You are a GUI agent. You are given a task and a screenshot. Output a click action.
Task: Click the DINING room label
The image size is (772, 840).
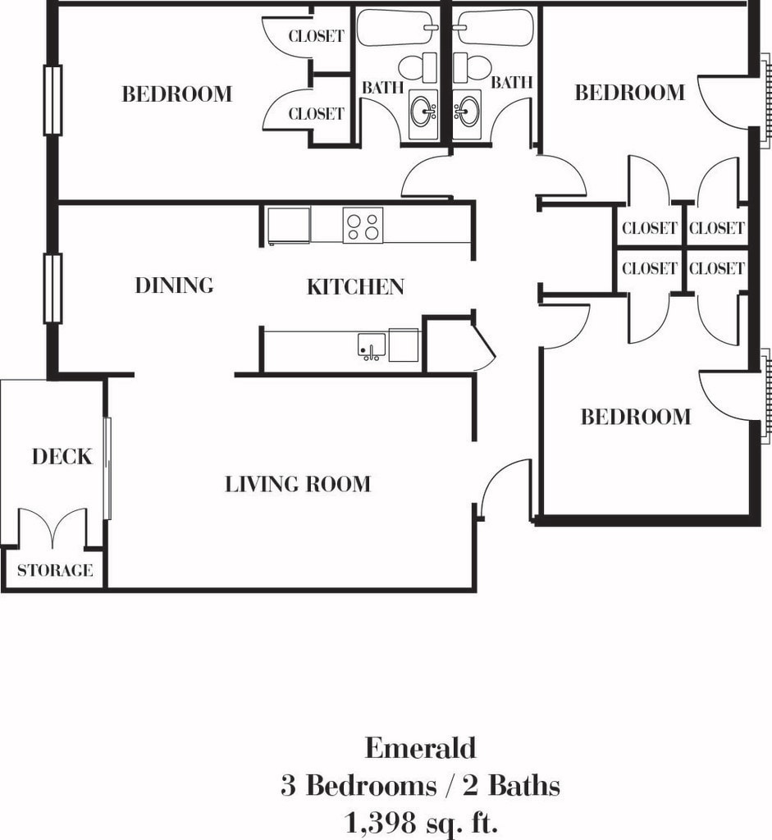pos(174,285)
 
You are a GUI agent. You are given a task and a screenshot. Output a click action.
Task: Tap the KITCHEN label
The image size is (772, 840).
pos(355,286)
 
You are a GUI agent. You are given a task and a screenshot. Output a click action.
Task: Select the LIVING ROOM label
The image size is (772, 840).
pos(297,484)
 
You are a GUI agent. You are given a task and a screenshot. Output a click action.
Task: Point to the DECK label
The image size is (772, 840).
pos(62,457)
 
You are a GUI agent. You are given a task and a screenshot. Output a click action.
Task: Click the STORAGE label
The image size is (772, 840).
pos(55,570)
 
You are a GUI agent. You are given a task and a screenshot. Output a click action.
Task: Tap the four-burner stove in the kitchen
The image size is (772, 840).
pos(363,225)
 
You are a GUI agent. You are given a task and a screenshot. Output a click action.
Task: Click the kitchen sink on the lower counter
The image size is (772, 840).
pos(371,345)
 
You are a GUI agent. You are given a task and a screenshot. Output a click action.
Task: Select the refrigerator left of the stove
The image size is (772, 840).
pos(289,226)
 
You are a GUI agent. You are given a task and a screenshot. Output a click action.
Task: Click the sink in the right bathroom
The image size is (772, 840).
pos(467,112)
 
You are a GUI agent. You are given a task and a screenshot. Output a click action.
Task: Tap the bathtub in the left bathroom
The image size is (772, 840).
pos(398,28)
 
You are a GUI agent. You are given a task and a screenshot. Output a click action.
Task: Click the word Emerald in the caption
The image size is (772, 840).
pos(420,748)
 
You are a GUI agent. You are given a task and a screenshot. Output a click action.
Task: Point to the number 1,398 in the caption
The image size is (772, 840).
pos(382,820)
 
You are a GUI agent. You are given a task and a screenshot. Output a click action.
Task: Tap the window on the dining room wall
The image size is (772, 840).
pos(53,288)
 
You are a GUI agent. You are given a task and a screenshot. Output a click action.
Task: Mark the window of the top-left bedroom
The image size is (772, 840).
pos(53,100)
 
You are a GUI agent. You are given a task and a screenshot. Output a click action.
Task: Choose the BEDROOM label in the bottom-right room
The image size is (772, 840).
pos(636,417)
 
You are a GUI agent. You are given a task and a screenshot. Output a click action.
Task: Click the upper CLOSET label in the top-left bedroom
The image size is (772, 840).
pos(316,37)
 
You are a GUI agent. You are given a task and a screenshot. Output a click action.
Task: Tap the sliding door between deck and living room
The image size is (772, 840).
pos(107,468)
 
